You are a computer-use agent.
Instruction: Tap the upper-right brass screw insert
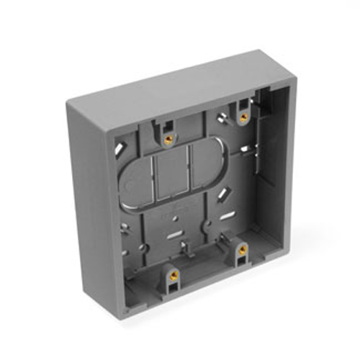[x=243, y=116]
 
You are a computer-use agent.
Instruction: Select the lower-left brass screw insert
[x=173, y=274]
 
